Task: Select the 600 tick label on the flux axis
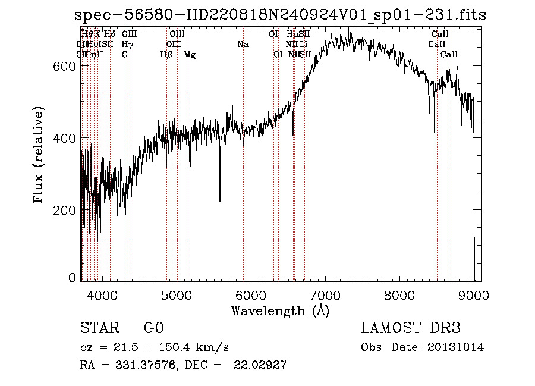[x=67, y=66]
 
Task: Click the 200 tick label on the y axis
[x=67, y=211]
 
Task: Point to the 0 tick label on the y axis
[x=73, y=278]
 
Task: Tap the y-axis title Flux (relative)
[x=39, y=156]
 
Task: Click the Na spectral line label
[x=243, y=45]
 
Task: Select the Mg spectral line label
[x=189, y=55]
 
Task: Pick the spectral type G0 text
[x=153, y=328]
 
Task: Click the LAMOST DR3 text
[x=411, y=328]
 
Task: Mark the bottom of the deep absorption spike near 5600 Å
[x=220, y=201]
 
